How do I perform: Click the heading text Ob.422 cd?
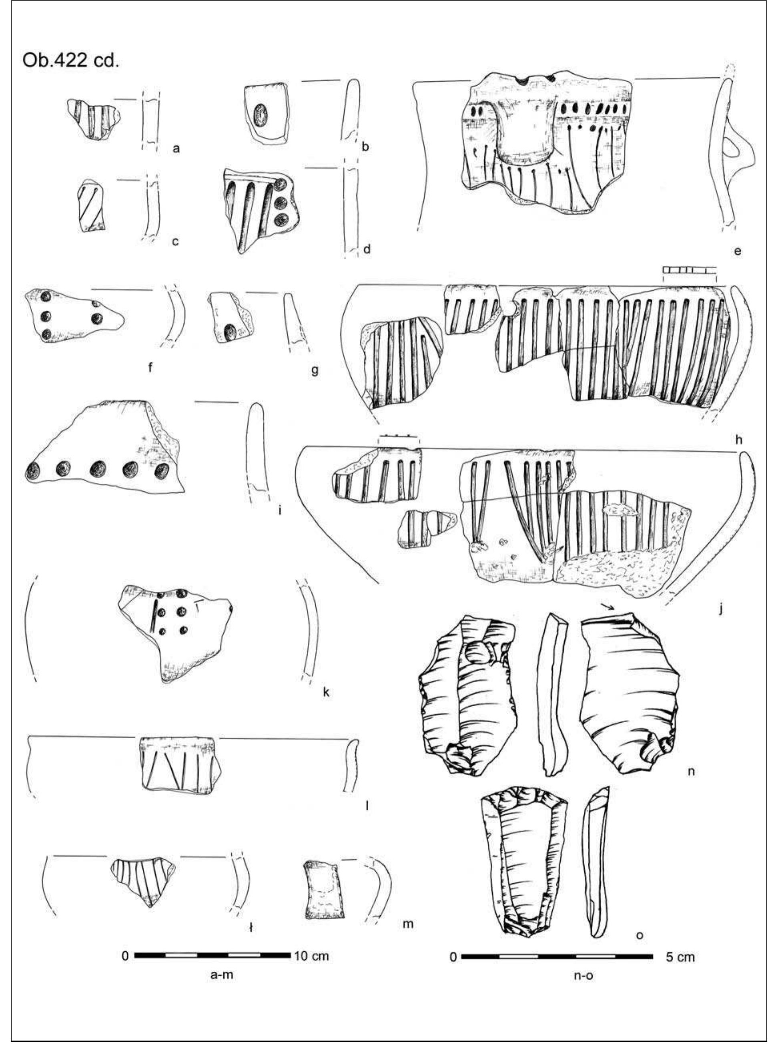click(x=71, y=61)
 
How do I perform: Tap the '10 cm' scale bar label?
click(x=311, y=955)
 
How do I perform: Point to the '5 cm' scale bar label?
click(x=680, y=957)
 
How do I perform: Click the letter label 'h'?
click(x=738, y=440)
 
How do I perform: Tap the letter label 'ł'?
click(x=251, y=928)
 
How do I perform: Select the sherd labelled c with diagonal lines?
click(x=92, y=207)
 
